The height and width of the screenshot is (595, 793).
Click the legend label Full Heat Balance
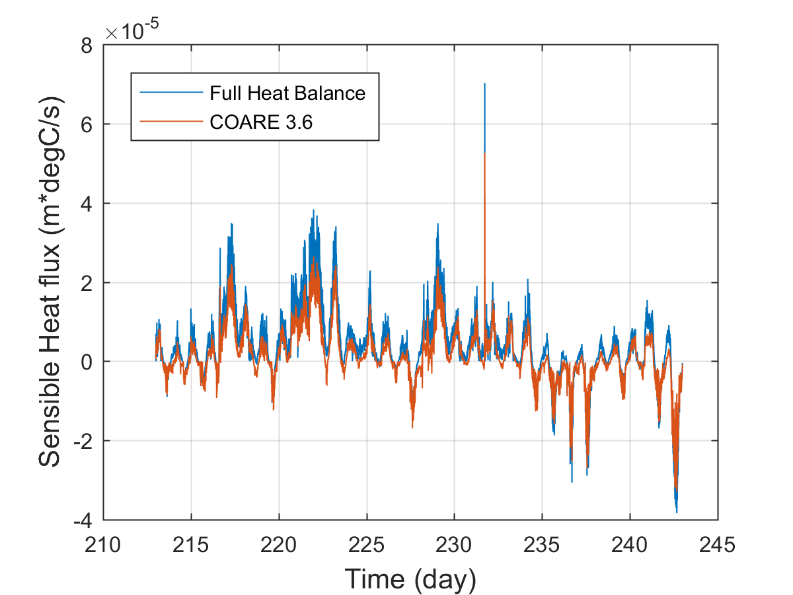[x=287, y=93]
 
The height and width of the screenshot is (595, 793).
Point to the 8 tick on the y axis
[x=90, y=45]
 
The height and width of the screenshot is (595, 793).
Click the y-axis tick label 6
[x=90, y=124]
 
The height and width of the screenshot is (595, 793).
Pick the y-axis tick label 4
[x=90, y=204]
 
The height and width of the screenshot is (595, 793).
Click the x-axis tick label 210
[x=104, y=545]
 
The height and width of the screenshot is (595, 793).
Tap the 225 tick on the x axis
[x=367, y=545]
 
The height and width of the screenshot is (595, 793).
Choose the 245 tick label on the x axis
[x=718, y=545]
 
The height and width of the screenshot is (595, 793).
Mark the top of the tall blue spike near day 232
[x=485, y=85]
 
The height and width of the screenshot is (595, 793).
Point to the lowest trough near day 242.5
[x=677, y=511]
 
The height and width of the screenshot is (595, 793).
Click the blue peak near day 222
[x=313, y=211]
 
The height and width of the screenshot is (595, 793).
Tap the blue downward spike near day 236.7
[x=572, y=481]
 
